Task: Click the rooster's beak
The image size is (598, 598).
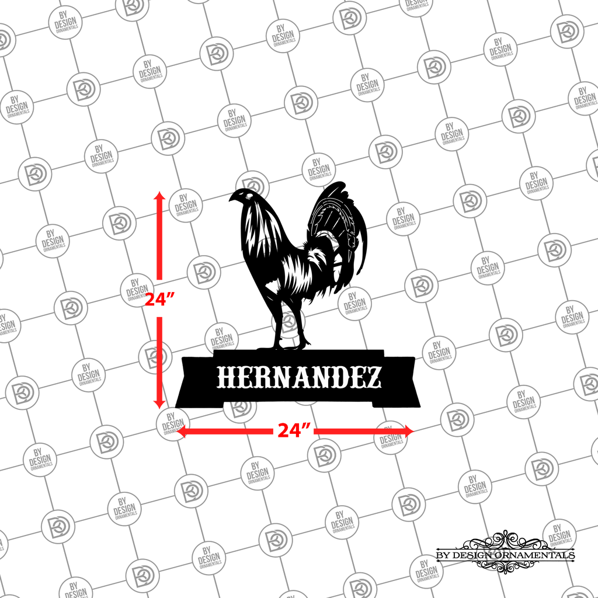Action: point(231,199)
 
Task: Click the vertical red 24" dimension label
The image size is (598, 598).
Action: point(160,299)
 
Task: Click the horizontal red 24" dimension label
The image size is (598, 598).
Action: point(294,430)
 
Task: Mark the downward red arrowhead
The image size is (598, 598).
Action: point(159,404)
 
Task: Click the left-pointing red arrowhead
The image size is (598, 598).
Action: point(181,432)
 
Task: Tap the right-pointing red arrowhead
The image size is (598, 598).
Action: point(409,432)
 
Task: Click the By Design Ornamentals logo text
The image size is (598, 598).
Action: point(506,555)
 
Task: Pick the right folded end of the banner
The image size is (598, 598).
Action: point(398,381)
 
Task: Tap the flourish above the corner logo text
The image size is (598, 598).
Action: point(506,540)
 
